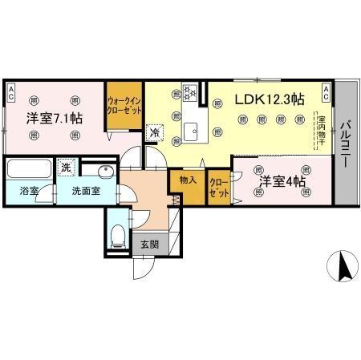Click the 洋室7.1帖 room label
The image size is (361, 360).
[x=55, y=119]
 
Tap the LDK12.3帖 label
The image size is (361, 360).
[x=269, y=99]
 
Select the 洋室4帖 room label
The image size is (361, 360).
[x=281, y=182]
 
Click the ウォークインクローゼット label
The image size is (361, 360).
[x=125, y=106]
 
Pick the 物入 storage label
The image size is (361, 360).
[x=188, y=181]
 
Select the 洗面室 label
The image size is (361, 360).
[x=84, y=192]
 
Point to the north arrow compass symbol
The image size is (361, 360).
[x=343, y=265]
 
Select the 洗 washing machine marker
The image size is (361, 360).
[x=67, y=168]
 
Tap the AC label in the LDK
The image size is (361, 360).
[x=327, y=91]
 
